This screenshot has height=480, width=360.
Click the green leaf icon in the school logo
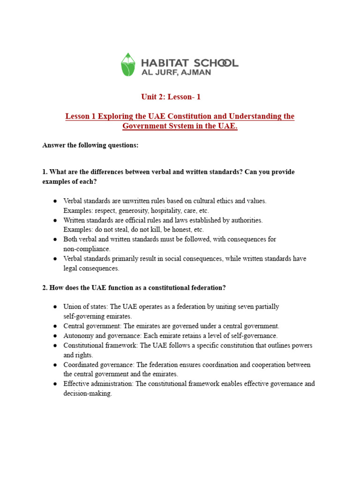pyautogui.click(x=127, y=65)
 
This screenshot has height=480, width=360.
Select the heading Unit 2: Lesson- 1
pyautogui.click(x=171, y=97)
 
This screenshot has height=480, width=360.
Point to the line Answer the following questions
pyautogui.click(x=90, y=145)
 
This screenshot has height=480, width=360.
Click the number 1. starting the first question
pyautogui.click(x=45, y=172)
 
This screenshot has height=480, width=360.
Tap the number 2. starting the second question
pyautogui.click(x=45, y=287)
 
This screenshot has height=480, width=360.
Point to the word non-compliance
pyautogui.click(x=87, y=249)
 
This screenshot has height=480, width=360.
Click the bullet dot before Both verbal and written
pyautogui.click(x=55, y=240)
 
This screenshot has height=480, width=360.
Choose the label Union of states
pyautogui.click(x=85, y=307)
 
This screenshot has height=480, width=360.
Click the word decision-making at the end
pyautogui.click(x=88, y=393)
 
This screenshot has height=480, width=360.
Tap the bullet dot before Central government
pyautogui.click(x=55, y=326)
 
